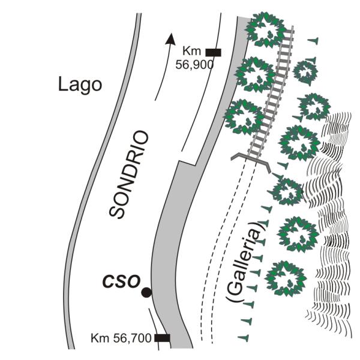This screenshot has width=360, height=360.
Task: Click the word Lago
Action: (x=80, y=85)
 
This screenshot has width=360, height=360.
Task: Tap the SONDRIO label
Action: (x=129, y=175)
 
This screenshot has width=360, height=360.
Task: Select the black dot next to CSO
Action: (x=146, y=293)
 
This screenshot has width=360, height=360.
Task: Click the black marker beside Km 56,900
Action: (x=213, y=52)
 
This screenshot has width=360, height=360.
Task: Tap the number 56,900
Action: (x=194, y=65)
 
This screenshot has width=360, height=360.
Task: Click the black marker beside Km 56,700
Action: (x=162, y=338)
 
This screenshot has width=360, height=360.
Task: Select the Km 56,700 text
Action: (x=121, y=338)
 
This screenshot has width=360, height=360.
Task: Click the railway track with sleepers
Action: (x=271, y=92)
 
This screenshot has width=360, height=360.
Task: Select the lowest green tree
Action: (x=286, y=278)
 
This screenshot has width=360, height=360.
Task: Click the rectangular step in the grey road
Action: (x=187, y=163)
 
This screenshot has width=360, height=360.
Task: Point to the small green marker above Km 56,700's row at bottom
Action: (x=244, y=337)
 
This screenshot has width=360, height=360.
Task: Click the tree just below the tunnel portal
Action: (x=287, y=192)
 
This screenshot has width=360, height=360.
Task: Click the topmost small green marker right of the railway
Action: (x=313, y=41)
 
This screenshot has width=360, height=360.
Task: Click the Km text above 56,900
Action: (x=192, y=51)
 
